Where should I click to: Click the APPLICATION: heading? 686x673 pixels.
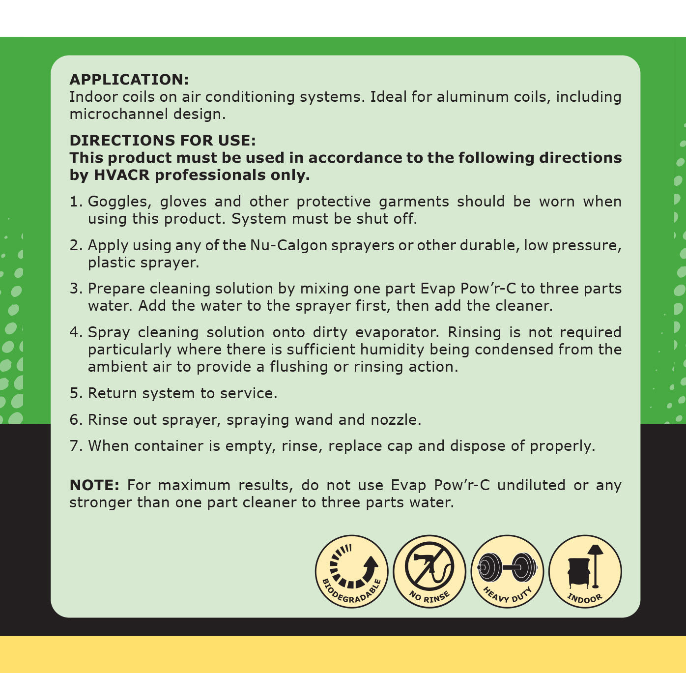(129, 80)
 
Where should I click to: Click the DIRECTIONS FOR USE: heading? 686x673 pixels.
(163, 141)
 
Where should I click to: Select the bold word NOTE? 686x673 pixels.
(94, 485)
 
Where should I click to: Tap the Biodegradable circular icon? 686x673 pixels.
(351, 571)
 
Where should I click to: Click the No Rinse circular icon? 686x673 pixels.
(429, 571)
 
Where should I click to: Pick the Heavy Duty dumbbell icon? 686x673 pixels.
(507, 571)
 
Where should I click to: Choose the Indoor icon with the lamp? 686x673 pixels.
(585, 571)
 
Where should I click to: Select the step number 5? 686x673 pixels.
(75, 393)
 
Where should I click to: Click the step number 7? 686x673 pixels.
(75, 446)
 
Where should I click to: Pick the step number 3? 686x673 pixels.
(75, 289)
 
